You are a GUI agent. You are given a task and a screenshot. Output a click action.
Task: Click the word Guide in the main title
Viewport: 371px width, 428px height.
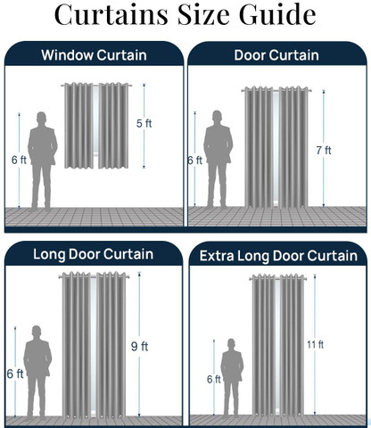click(277, 13)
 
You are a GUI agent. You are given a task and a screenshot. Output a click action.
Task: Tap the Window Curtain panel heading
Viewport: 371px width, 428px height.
click(94, 55)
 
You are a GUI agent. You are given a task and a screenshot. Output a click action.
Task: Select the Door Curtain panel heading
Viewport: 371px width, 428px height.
click(276, 55)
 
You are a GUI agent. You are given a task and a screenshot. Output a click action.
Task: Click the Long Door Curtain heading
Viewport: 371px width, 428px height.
click(94, 254)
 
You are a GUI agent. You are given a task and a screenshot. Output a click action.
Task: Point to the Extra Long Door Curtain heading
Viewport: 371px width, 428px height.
click(278, 256)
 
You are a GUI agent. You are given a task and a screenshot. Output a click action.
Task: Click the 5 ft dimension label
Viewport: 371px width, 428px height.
click(144, 123)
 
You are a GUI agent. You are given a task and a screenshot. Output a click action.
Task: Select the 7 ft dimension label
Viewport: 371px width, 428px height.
click(324, 151)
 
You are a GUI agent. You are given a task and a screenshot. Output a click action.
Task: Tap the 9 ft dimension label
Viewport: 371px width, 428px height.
click(139, 346)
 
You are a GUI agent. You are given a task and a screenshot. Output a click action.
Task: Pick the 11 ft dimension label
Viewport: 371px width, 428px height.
click(315, 345)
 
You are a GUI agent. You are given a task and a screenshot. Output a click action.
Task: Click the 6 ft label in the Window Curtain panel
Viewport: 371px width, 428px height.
click(19, 160)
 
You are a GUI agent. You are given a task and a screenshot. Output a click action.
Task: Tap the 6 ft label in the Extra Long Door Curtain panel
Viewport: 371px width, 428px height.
click(214, 379)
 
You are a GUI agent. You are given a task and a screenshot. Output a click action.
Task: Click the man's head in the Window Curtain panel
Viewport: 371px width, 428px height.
click(42, 118)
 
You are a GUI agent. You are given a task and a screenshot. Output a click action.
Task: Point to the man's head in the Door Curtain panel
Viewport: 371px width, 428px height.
click(217, 116)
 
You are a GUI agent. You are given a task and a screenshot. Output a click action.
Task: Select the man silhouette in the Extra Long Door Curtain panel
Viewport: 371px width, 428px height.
click(232, 377)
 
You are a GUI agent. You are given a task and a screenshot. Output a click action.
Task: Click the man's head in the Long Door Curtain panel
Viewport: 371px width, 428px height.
click(37, 332)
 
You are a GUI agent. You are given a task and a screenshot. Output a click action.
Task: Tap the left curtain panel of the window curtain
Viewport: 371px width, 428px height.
click(78, 126)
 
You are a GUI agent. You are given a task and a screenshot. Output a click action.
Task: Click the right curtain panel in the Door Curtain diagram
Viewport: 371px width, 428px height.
click(293, 147)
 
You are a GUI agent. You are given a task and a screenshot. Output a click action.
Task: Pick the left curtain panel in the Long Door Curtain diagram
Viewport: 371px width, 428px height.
click(77, 345)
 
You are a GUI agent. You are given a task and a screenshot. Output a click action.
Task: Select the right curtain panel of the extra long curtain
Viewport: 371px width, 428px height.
click(292, 345)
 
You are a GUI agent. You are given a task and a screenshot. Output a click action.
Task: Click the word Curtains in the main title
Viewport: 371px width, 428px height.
click(111, 13)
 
